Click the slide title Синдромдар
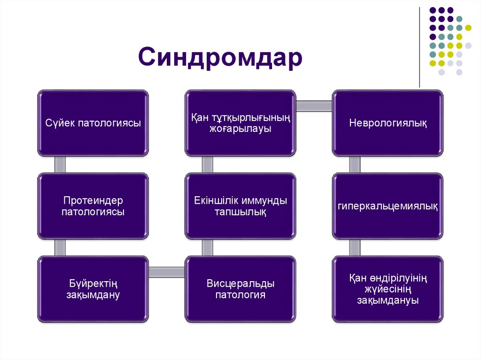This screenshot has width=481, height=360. pos(220,58)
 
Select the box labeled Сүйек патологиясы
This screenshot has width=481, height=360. pos(93,123)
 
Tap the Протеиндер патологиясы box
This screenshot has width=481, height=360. pos(93,206)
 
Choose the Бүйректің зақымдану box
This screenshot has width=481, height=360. pos(93,289)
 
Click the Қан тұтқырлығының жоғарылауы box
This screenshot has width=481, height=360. pos(240,123)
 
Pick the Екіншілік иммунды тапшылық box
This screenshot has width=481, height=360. pos(240,206)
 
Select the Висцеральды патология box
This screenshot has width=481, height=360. pos(240,289)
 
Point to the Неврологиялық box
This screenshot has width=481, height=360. pos(388,123)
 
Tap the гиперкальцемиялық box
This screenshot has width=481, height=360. pos(388,206)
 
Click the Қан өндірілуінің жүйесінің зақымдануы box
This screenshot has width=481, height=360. pos(388,289)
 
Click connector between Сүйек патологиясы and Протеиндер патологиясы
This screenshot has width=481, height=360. pos(60,164)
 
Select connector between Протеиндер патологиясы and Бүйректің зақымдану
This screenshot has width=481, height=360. pos(60,247)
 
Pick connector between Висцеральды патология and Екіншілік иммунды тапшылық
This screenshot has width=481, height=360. pos(208,247)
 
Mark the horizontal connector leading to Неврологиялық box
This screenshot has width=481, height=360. pos(314,106)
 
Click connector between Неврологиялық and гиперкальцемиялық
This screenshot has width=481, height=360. pos(355,164)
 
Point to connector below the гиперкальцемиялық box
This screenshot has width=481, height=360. pos(355,247)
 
